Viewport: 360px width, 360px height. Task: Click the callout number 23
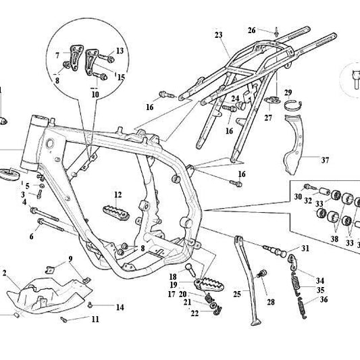point(218,34)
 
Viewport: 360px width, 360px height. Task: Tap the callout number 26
point(251,30)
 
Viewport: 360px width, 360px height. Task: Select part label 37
point(325,160)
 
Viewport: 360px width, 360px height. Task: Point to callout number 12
point(117,195)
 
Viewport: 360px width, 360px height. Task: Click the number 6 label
point(31,236)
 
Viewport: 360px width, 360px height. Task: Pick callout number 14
point(120,307)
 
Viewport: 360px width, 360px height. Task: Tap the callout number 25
point(237,294)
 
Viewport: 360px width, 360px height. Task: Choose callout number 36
point(325,300)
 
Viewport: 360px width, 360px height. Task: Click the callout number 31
point(305,249)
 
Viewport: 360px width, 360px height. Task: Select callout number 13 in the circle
point(120,51)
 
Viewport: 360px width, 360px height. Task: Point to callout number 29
point(287,93)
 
